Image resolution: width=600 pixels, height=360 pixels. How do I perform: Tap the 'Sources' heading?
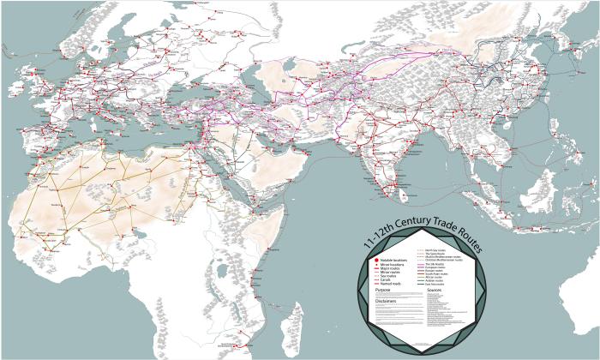click(434, 291)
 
